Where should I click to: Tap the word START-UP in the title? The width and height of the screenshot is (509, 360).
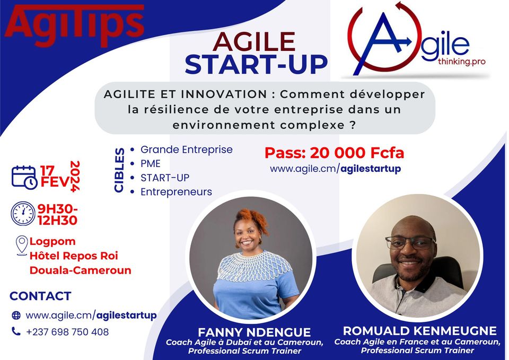pos(256,64)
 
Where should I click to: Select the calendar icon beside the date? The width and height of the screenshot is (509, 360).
pos(24,177)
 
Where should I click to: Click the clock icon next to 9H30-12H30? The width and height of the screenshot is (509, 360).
pos(23,213)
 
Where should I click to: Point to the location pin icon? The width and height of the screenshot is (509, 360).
pos(22,245)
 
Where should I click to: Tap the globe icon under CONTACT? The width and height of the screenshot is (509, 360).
pos(16,315)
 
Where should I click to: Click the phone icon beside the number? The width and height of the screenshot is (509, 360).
pos(16,331)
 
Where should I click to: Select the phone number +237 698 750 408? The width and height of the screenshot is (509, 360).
pos(67,332)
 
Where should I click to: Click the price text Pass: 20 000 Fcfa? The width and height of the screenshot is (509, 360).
pos(334,153)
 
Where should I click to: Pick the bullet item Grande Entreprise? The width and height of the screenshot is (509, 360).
pos(186,150)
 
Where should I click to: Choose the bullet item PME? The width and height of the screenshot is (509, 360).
pos(150,164)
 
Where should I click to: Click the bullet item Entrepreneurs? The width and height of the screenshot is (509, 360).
pos(176,192)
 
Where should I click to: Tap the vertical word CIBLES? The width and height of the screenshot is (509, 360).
pos(120,170)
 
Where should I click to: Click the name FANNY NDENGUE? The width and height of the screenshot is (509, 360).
pos(254,332)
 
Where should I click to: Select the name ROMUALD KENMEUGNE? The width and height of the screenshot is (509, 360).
pos(419,331)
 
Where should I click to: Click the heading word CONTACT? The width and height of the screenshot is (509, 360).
pos(40,296)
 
